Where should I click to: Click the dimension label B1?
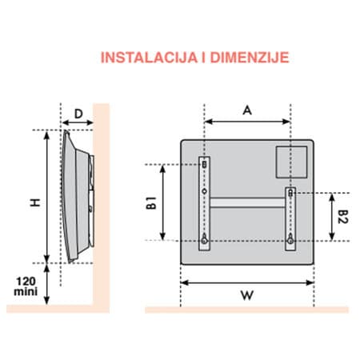[151, 202]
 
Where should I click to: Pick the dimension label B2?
[343, 216]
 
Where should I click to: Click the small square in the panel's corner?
[290, 162]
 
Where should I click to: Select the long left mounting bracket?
[206, 204]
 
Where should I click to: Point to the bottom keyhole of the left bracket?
[206, 238]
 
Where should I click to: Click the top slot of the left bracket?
[205, 164]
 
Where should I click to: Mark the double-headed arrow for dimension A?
[246, 122]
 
